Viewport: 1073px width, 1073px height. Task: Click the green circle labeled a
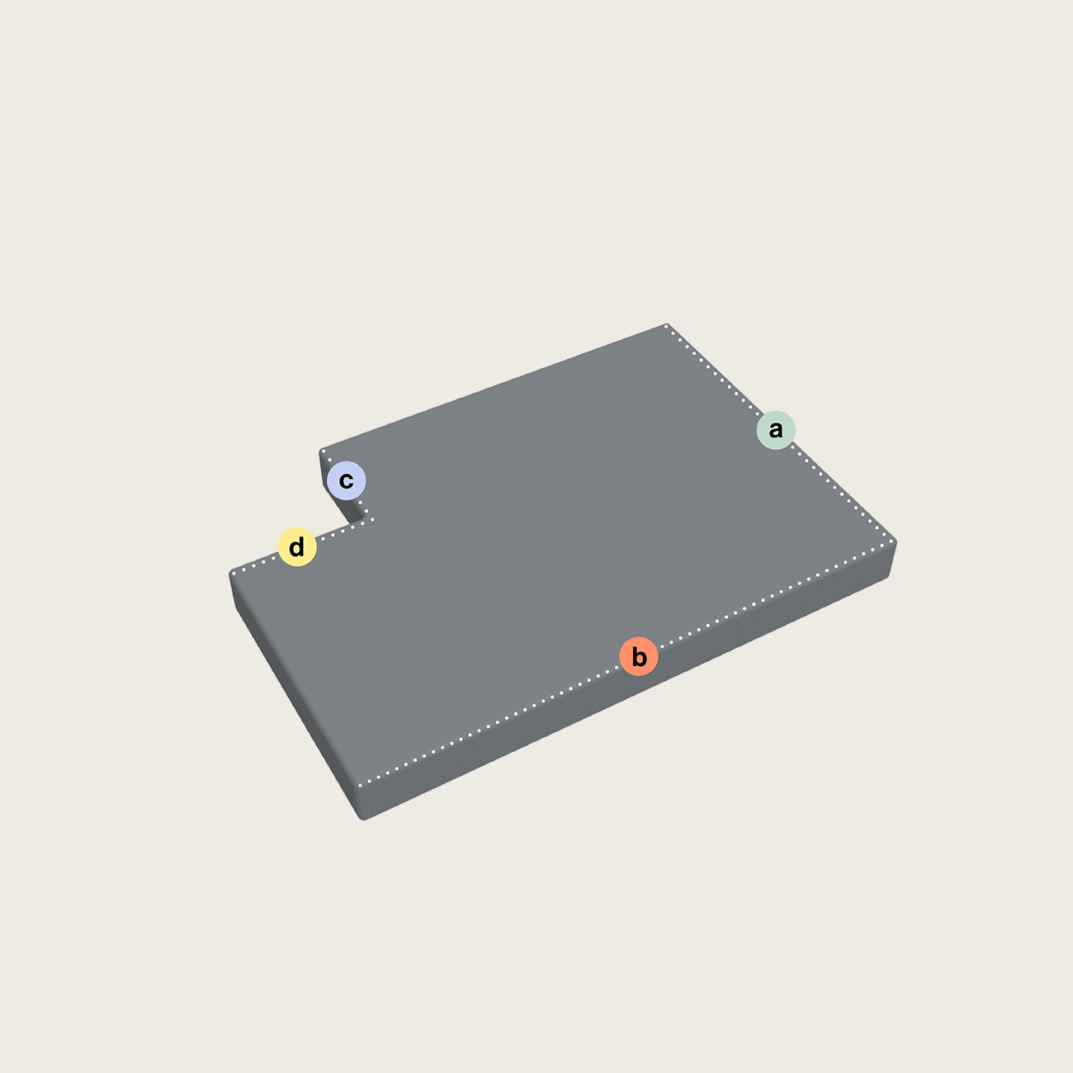pos(776,430)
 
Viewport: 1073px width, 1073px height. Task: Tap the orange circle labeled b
pos(639,656)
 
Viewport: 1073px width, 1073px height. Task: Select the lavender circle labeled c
pos(347,480)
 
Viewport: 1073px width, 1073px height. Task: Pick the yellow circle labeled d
pos(297,546)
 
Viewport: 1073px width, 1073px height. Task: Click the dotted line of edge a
pos(779,434)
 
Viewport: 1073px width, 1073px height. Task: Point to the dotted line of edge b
pos(626,664)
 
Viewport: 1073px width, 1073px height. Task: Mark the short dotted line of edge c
pos(347,485)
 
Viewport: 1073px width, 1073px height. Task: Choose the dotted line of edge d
pos(302,546)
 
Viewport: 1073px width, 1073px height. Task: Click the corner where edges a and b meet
pos(892,541)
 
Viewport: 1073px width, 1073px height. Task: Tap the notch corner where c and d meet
pos(372,520)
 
